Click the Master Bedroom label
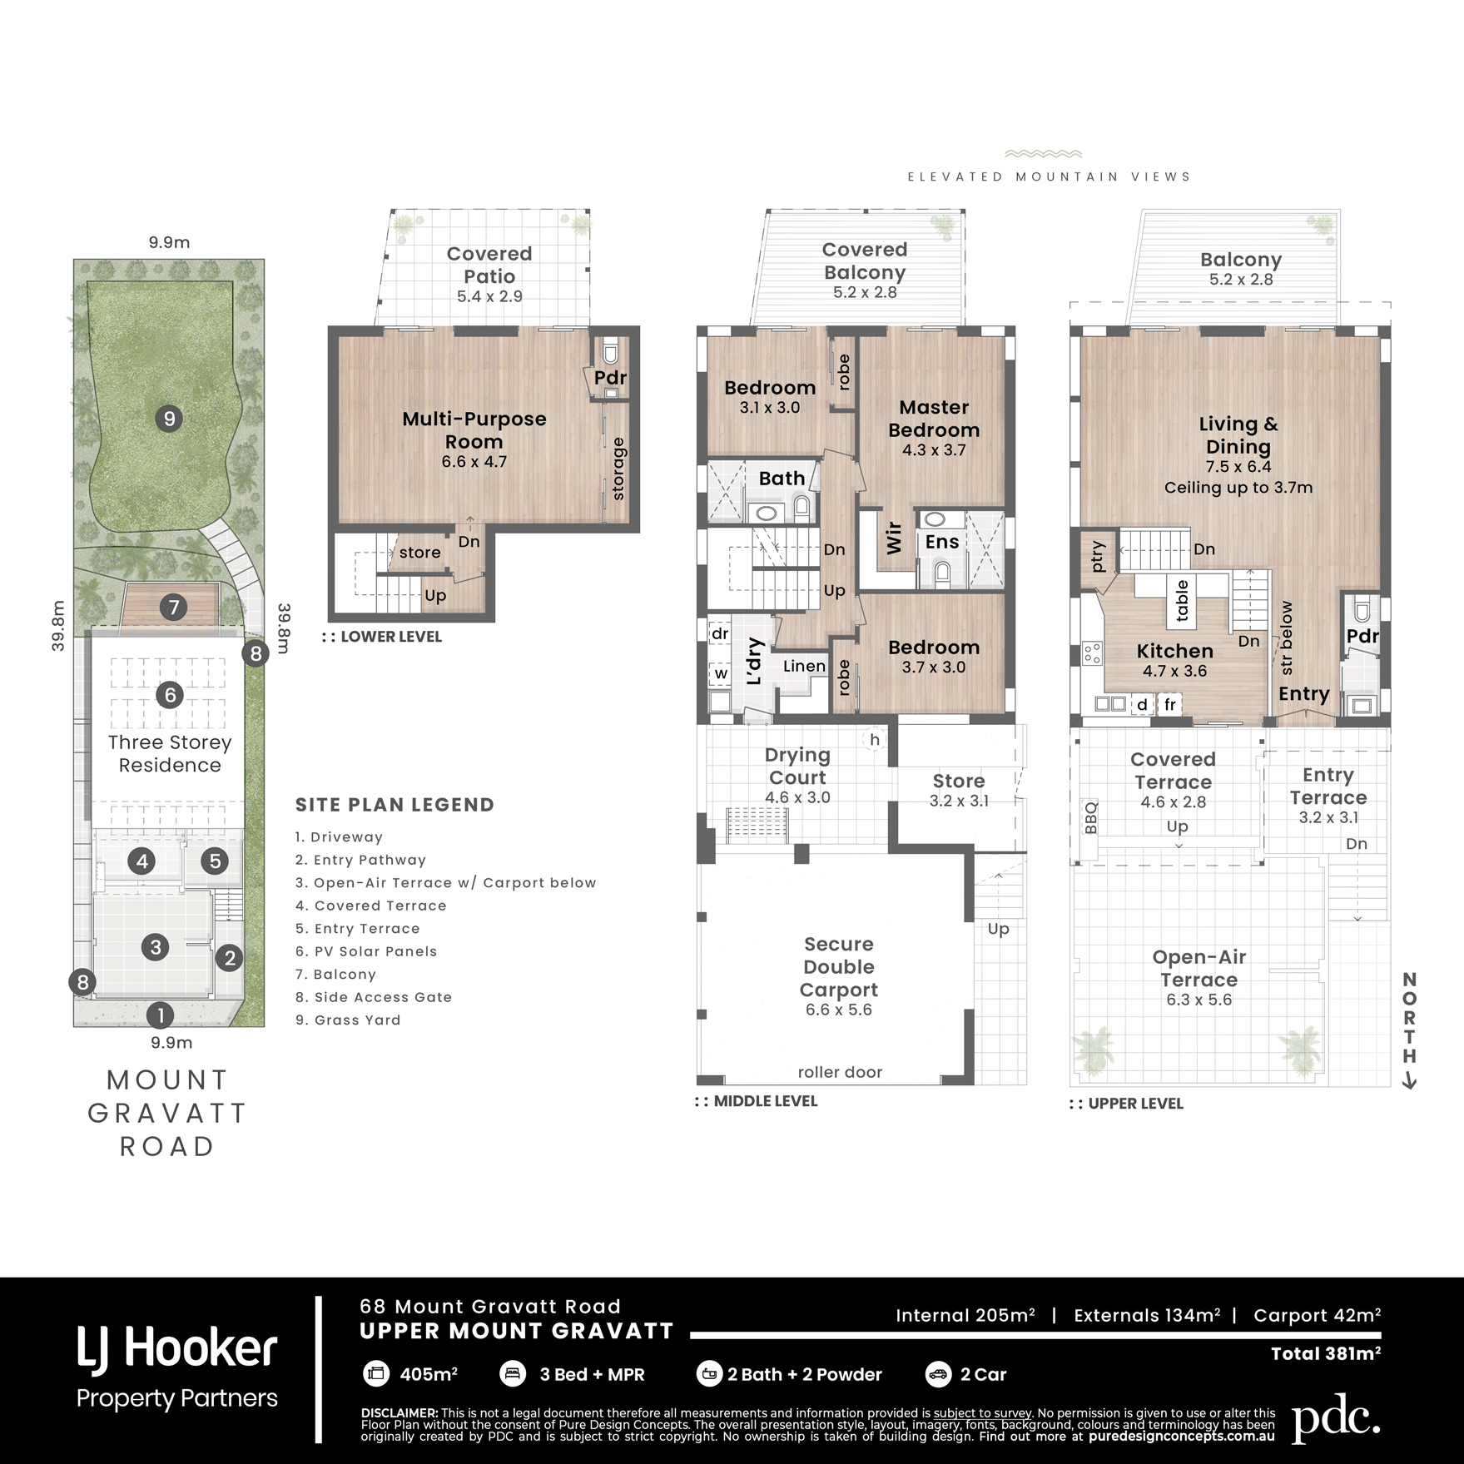[x=934, y=419]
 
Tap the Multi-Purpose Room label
[x=474, y=430]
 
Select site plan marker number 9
[x=170, y=419]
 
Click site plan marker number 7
[x=174, y=607]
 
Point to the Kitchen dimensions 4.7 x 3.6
[x=1175, y=671]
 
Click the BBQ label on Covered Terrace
[x=1091, y=817]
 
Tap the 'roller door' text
[x=840, y=1072]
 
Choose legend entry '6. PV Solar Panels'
[x=366, y=951]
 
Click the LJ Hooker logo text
[x=177, y=1349]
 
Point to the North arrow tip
[x=1410, y=1088]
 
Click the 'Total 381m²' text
[x=1326, y=1353]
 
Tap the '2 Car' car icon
[x=938, y=1374]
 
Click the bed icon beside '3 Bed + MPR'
[x=512, y=1374]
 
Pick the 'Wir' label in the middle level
[x=894, y=538]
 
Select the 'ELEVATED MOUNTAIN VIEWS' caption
[x=1049, y=176]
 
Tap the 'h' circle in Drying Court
[x=875, y=739]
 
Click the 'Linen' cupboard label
[x=804, y=666]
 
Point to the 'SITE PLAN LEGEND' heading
[x=395, y=805]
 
